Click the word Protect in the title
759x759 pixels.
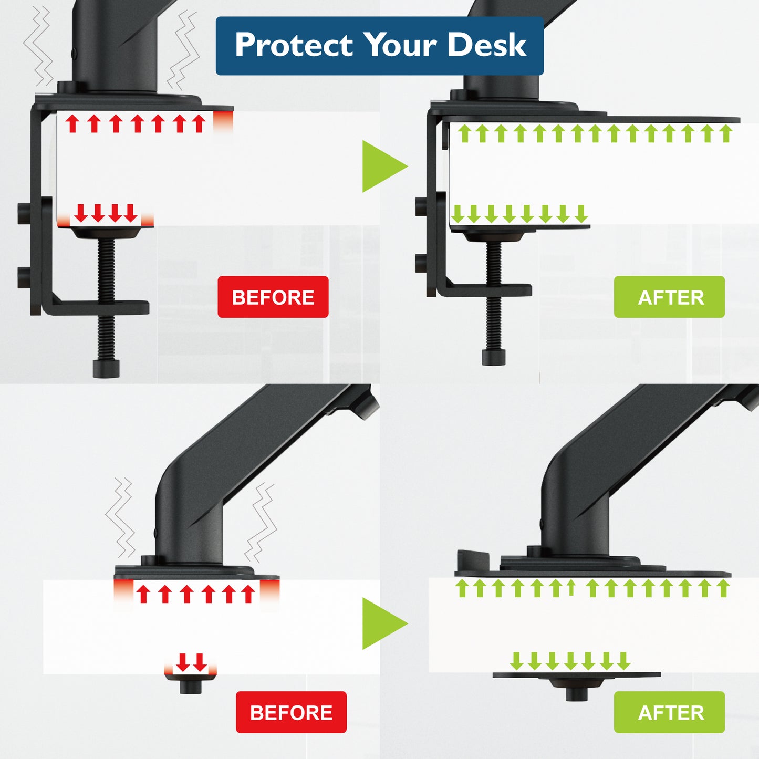point(294,45)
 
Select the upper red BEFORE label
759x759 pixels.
point(273,297)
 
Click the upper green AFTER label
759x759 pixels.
point(669,297)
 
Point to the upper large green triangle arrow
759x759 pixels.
point(382,166)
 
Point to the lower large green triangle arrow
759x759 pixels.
point(382,623)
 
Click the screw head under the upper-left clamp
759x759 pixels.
point(106,368)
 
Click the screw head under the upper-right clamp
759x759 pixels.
point(494,357)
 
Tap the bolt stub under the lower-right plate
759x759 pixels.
point(576,694)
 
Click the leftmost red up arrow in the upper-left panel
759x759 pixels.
point(71,123)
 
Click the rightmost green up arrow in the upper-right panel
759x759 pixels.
point(726,133)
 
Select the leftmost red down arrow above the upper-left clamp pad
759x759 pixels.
point(81,213)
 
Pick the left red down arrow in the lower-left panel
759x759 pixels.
point(182,662)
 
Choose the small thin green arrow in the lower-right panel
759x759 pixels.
point(571,588)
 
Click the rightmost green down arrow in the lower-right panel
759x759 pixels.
point(623,661)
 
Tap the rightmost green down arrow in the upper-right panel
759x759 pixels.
point(581,214)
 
